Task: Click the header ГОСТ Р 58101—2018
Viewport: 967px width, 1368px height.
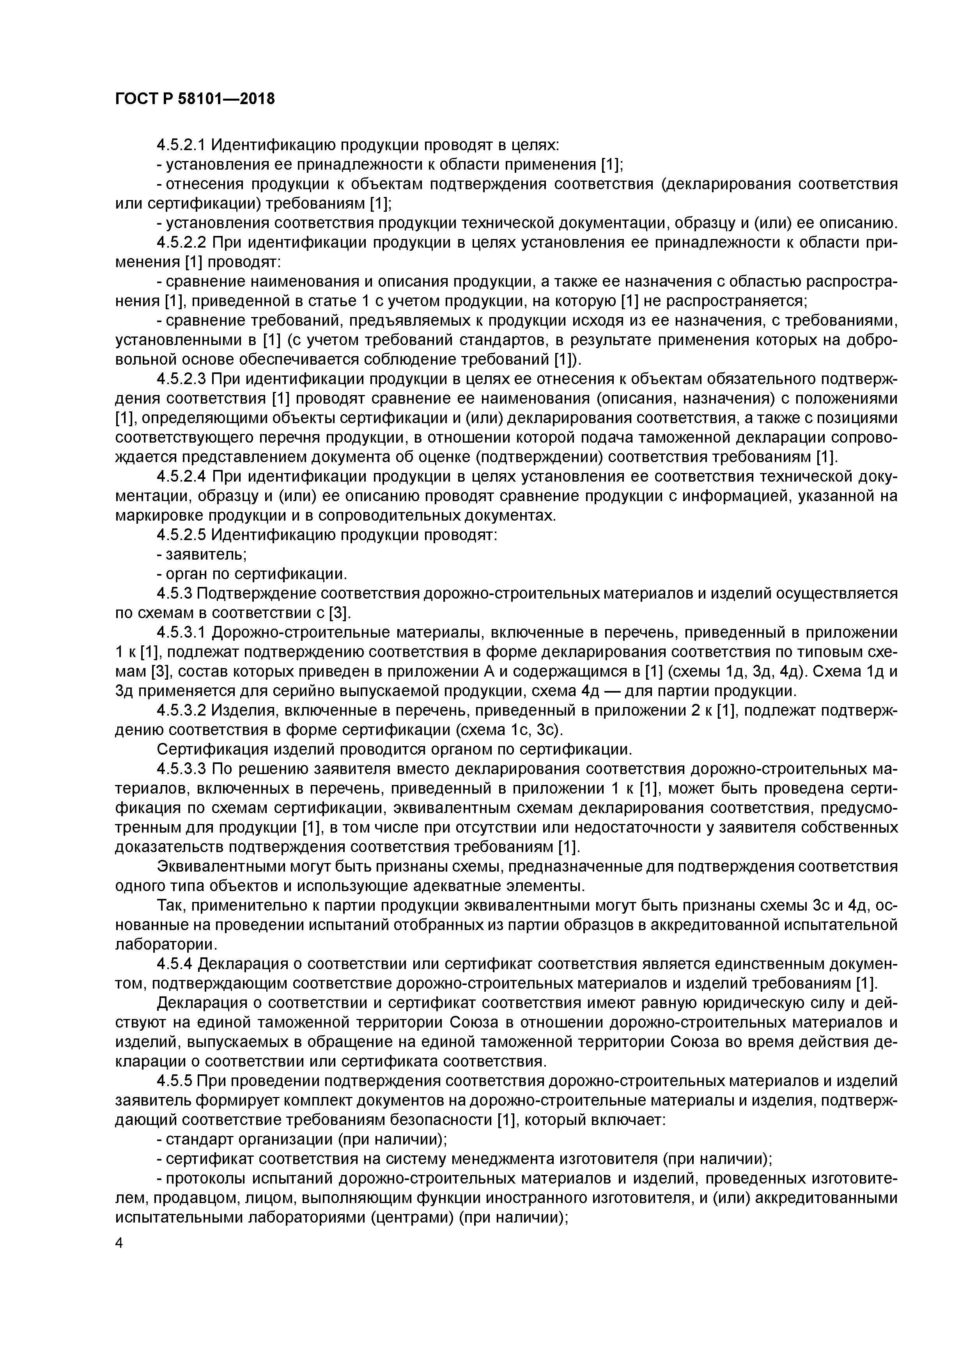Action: click(195, 99)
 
